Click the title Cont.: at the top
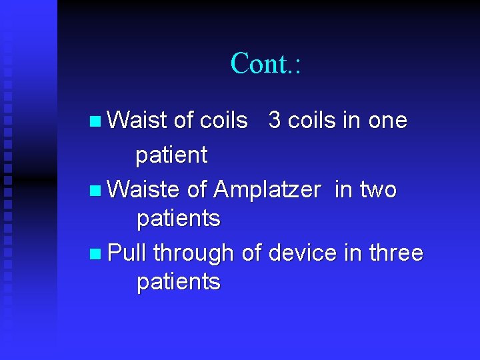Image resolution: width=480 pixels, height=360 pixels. point(266,63)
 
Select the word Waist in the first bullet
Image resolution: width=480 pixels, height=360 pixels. point(137,121)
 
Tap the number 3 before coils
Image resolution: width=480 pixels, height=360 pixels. point(274,121)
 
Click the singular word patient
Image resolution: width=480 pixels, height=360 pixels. point(171,156)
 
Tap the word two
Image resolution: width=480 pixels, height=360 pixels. point(378,190)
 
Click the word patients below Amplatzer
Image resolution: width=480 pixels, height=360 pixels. point(178,219)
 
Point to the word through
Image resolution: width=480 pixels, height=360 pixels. point(193,254)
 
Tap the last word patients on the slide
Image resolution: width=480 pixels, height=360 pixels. point(178,282)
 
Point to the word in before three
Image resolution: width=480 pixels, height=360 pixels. point(352,253)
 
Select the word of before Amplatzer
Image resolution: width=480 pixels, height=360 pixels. point(197,190)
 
